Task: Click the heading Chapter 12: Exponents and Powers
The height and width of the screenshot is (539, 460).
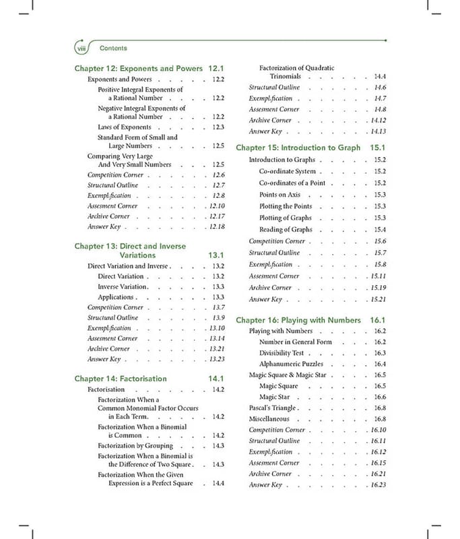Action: tap(138, 69)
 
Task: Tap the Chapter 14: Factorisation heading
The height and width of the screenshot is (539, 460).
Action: tap(121, 379)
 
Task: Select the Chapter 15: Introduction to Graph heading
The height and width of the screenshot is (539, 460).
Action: tap(298, 148)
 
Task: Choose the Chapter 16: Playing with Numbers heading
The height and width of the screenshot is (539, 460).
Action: tap(298, 320)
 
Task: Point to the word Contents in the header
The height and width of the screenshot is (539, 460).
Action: tap(113, 49)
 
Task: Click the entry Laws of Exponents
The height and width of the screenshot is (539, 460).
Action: tap(125, 127)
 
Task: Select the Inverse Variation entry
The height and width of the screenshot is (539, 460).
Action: tap(122, 286)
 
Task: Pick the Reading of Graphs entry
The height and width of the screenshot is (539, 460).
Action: tap(286, 230)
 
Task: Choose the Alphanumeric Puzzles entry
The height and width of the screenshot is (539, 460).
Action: tap(291, 364)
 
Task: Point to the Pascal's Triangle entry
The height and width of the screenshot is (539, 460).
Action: tap(273, 408)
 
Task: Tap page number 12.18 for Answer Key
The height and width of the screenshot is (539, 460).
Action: tap(217, 226)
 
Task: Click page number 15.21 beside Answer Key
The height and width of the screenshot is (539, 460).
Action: tap(378, 299)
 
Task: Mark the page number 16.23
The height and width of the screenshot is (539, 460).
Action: tap(378, 485)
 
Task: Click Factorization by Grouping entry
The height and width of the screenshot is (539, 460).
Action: tap(135, 445)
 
